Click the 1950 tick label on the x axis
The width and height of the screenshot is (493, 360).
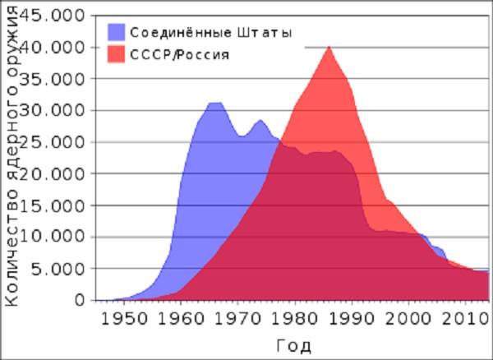point(124,317)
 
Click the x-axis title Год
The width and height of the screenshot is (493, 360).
point(293,344)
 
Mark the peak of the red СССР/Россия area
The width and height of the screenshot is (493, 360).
point(329,47)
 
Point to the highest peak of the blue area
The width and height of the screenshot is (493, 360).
point(215,103)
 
